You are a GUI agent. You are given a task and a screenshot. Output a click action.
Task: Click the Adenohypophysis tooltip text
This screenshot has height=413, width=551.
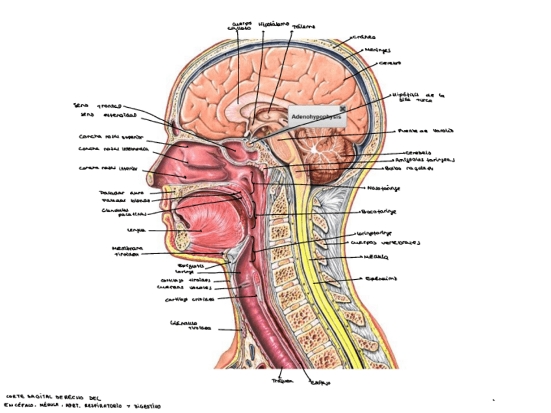pyautogui.click(x=316, y=117)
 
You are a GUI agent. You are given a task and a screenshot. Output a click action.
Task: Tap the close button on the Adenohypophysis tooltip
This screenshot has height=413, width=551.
pyautogui.click(x=342, y=108)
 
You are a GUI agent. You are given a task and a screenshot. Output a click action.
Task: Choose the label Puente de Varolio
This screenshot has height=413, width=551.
pyautogui.click(x=423, y=131)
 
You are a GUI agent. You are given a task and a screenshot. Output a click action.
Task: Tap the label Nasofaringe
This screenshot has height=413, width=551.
pyautogui.click(x=383, y=188)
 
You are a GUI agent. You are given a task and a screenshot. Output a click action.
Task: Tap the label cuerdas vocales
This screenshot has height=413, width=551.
pyautogui.click(x=183, y=287)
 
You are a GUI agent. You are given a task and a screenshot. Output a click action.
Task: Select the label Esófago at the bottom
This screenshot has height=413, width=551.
pyautogui.click(x=319, y=383)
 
